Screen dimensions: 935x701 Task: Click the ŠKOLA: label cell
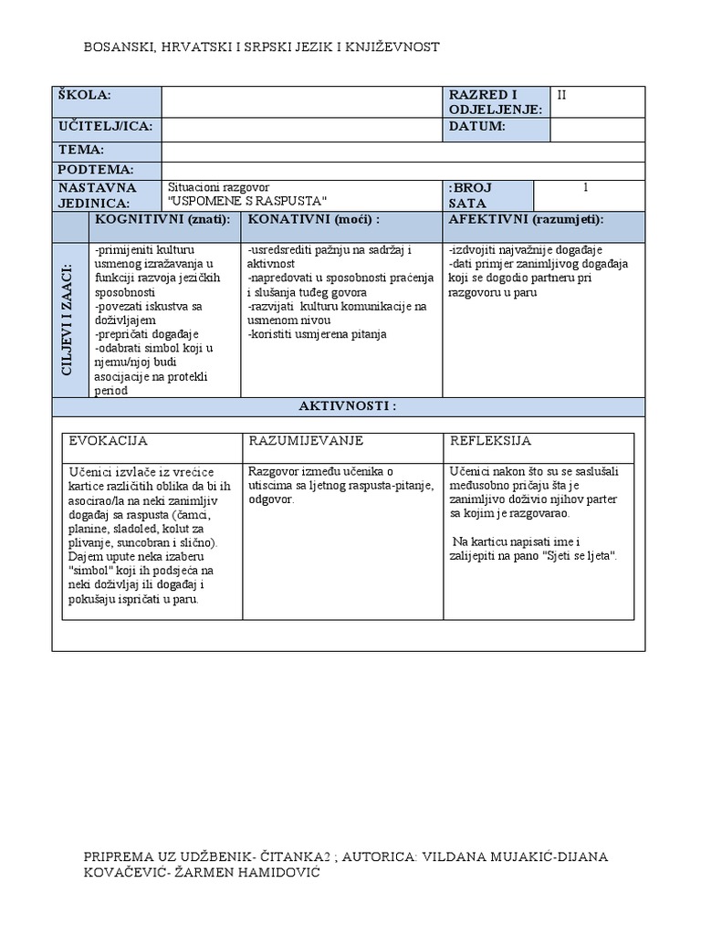point(84,96)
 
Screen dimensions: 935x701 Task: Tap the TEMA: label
point(81,150)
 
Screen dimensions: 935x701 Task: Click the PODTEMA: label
point(96,170)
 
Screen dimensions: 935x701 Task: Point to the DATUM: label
point(476,126)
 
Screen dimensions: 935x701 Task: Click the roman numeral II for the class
point(562,95)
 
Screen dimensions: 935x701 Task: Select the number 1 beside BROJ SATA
point(586,188)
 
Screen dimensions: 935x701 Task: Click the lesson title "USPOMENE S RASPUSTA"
point(247,202)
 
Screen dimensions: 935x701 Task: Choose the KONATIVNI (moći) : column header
point(313,220)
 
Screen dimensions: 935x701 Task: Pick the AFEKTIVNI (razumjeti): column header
point(526,220)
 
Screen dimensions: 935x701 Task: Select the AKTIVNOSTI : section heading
point(348,405)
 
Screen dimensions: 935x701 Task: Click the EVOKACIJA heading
point(108,441)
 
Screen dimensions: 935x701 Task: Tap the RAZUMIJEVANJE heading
point(306,441)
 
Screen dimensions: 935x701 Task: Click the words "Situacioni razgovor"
point(219,185)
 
